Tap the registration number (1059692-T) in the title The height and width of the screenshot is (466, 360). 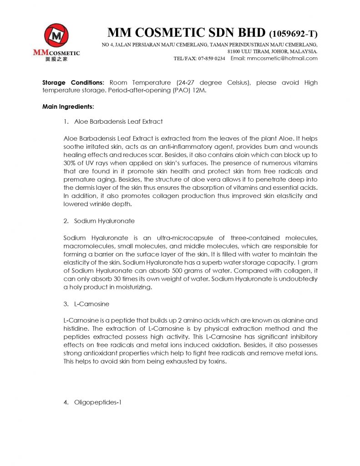click(x=293, y=33)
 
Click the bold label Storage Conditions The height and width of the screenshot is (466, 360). click(x=73, y=82)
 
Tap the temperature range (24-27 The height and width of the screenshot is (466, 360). click(x=187, y=82)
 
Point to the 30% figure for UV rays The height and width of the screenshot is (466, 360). click(x=71, y=161)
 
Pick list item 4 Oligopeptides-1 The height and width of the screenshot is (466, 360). click(x=97, y=402)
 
